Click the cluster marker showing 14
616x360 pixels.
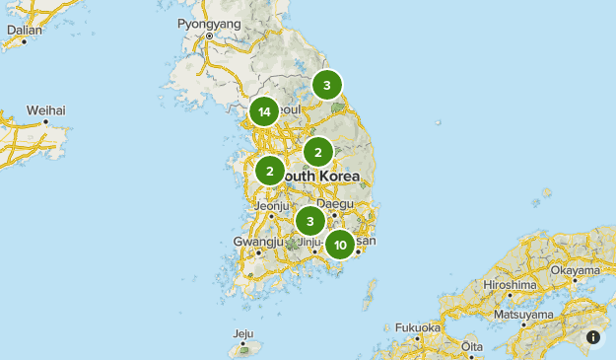click(264, 112)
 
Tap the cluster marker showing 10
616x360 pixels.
click(340, 245)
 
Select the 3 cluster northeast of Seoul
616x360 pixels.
click(327, 86)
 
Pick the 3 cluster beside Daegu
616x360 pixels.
click(310, 221)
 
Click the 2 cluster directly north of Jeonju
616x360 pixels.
click(270, 171)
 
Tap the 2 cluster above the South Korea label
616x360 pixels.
click(317, 152)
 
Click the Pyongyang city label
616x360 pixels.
click(209, 23)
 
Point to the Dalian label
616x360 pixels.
click(24, 30)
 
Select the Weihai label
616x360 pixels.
click(45, 109)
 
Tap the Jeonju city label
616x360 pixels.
click(271, 205)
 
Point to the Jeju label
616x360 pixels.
click(242, 333)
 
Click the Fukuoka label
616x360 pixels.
click(418, 327)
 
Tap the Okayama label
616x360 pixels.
click(576, 269)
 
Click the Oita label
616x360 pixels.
click(473, 346)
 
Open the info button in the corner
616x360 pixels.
click(593, 337)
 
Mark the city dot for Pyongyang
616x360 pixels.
click(209, 36)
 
